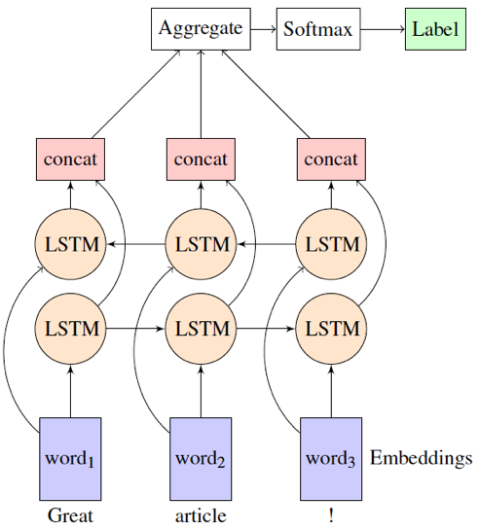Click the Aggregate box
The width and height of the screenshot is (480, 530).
[x=200, y=28]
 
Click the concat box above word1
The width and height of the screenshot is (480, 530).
[x=71, y=159]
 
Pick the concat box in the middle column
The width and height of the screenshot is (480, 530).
[x=201, y=159]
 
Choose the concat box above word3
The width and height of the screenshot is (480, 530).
[x=331, y=159]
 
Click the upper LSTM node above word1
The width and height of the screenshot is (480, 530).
[x=71, y=243]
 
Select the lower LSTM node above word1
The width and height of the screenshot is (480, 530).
[x=71, y=328]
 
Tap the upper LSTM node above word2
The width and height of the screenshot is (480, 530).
[x=201, y=243]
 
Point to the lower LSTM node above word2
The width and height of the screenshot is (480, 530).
[x=201, y=328]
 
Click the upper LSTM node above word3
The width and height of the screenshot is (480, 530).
[x=331, y=243]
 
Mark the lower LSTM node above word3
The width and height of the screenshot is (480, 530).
[x=331, y=328]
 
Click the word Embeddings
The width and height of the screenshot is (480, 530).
[x=421, y=457]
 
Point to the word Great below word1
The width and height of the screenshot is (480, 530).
[x=71, y=515]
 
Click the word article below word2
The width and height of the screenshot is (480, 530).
[x=201, y=515]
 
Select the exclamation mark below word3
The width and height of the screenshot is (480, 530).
[x=331, y=515]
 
